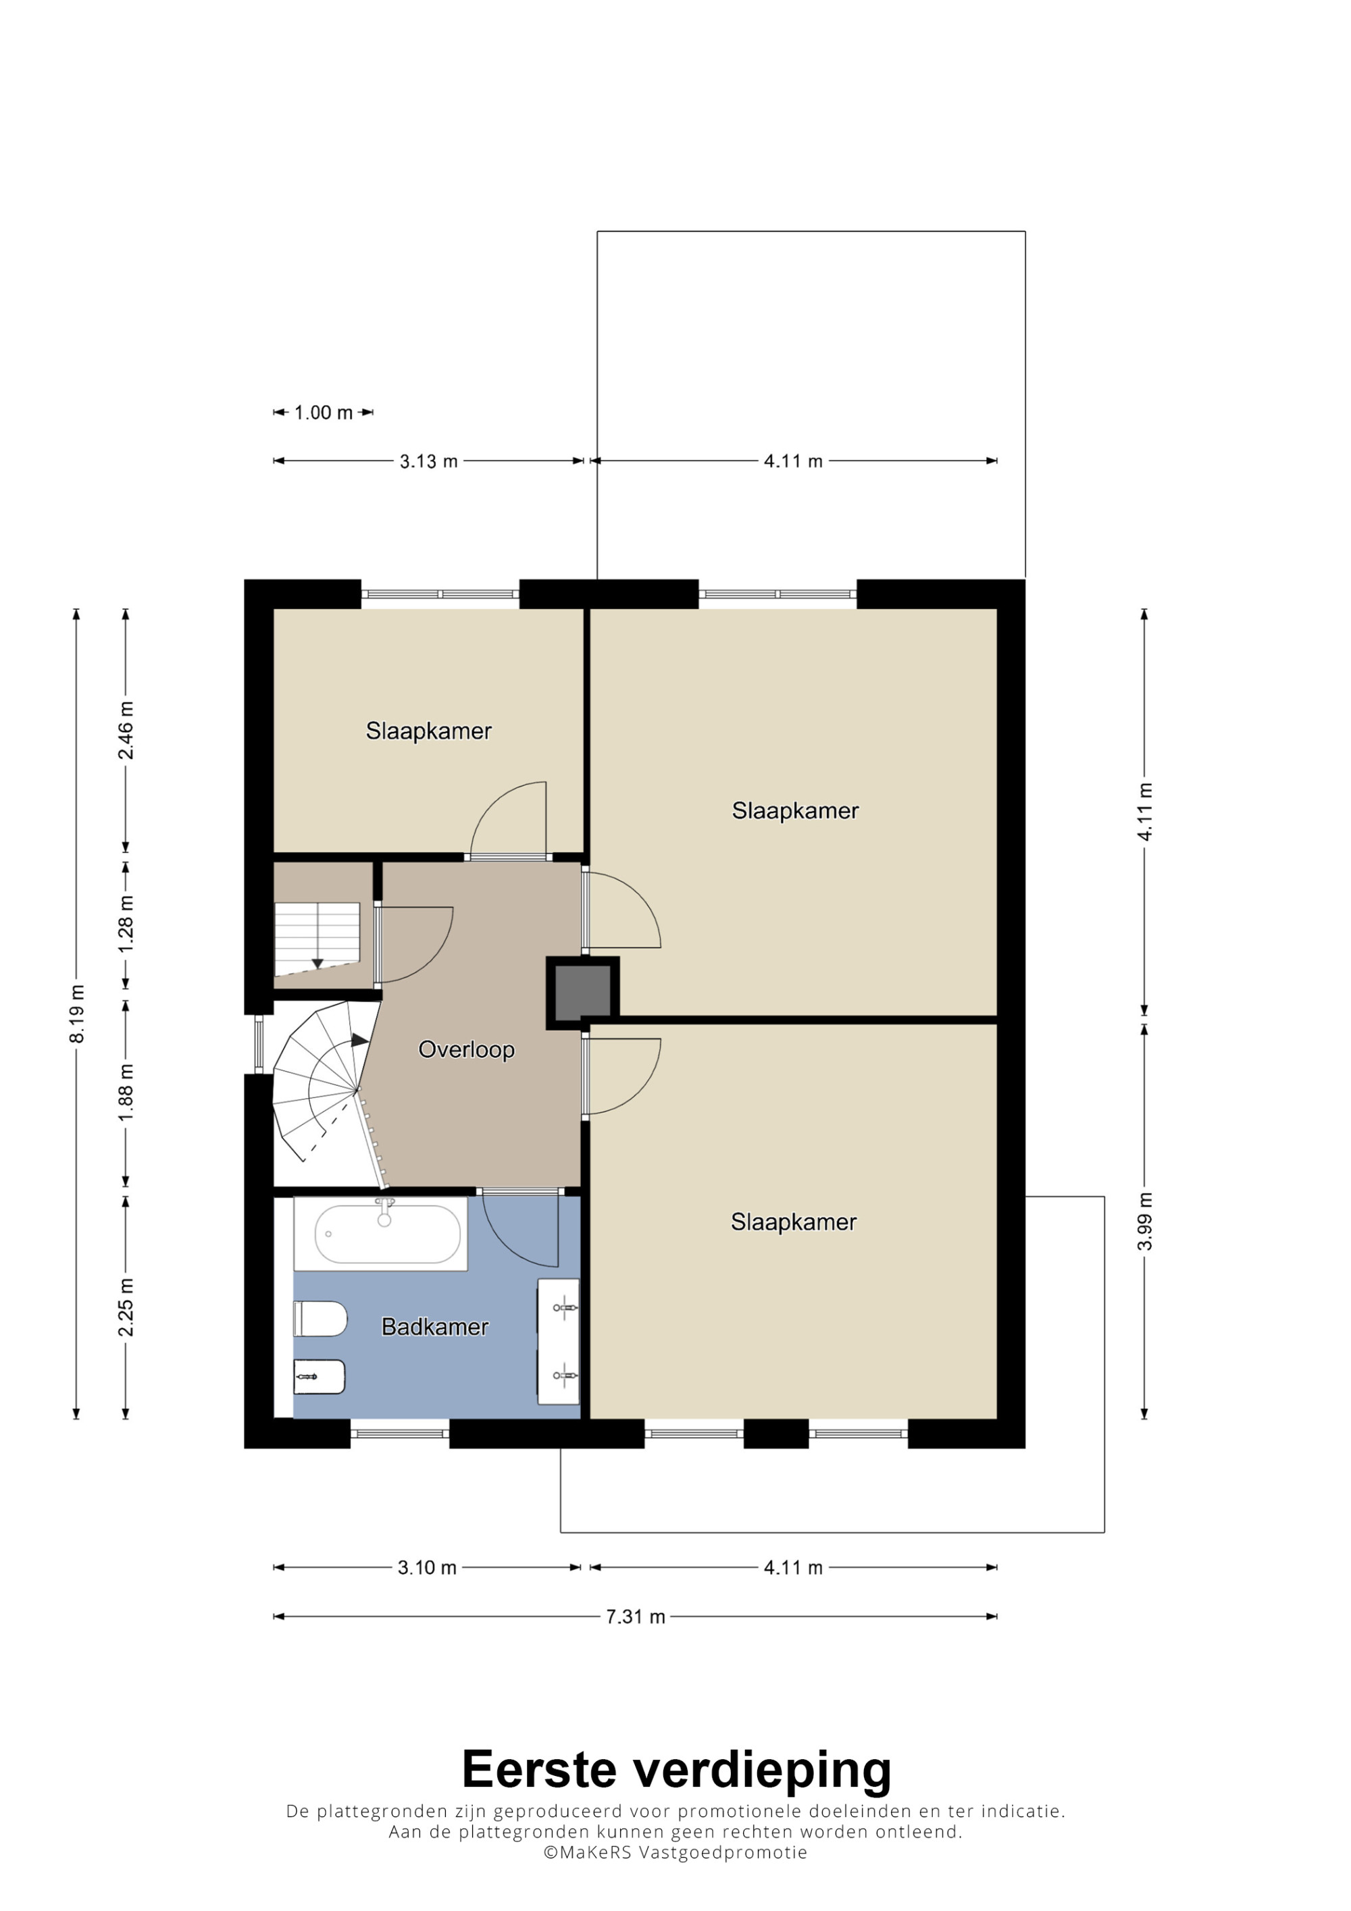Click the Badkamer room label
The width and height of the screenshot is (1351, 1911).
tap(434, 1327)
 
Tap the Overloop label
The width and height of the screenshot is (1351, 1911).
tap(466, 1049)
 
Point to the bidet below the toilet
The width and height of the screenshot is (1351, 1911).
tap(320, 1377)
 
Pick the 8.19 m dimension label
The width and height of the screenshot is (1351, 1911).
tap(76, 1014)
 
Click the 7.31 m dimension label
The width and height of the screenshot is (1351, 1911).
tap(635, 1617)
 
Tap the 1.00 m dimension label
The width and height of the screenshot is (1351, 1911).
tap(323, 413)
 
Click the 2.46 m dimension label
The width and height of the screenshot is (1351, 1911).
tap(126, 730)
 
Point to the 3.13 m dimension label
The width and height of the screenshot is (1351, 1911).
tap(429, 461)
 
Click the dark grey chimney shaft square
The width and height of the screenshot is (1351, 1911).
tap(583, 992)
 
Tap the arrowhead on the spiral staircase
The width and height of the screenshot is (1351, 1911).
tap(359, 1039)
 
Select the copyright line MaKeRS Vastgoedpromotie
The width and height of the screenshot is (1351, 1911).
tap(675, 1852)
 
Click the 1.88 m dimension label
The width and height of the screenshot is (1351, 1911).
tap(126, 1092)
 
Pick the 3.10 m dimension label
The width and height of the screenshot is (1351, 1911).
tap(427, 1568)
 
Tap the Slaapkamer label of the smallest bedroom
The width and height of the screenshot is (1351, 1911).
tap(429, 731)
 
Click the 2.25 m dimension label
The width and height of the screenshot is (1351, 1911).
tap(126, 1307)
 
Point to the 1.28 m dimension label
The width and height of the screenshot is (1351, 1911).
tap(126, 924)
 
